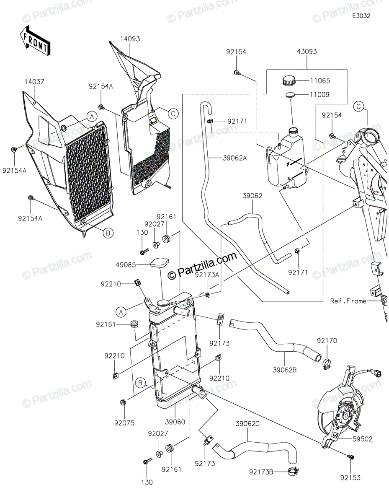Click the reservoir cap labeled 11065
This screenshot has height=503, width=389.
[289, 80]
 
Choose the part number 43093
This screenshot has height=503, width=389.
[307, 52]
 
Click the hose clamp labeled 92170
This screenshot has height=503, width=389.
[326, 360]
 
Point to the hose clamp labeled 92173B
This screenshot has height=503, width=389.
[295, 472]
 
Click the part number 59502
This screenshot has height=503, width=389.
[363, 439]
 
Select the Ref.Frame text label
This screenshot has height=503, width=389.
[348, 301]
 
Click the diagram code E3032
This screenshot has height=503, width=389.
[361, 16]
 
